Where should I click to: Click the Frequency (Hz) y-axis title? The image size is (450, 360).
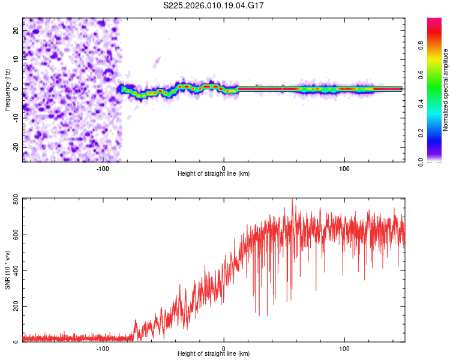(7, 89)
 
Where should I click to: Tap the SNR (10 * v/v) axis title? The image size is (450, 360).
(7, 269)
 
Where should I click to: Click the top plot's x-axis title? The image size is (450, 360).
(214, 173)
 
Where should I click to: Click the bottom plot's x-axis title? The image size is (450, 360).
(214, 353)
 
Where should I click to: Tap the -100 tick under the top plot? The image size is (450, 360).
(103, 169)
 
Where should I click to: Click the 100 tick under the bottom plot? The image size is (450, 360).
(344, 349)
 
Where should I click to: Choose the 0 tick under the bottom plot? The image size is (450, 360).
(224, 349)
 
